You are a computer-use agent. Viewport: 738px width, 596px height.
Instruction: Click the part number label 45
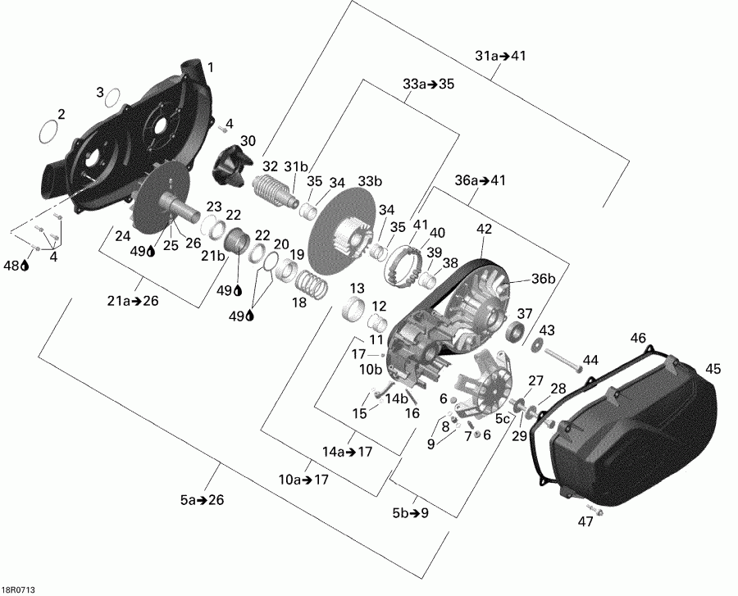click(x=713, y=369)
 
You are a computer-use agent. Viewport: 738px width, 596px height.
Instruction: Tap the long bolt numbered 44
click(x=562, y=359)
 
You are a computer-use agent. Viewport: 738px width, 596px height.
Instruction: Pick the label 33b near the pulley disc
click(x=371, y=181)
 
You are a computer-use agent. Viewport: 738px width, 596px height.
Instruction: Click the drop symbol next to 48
click(x=26, y=266)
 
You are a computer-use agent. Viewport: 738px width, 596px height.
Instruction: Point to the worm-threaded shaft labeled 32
click(x=275, y=198)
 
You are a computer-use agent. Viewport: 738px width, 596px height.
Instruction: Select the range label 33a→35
click(x=428, y=84)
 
